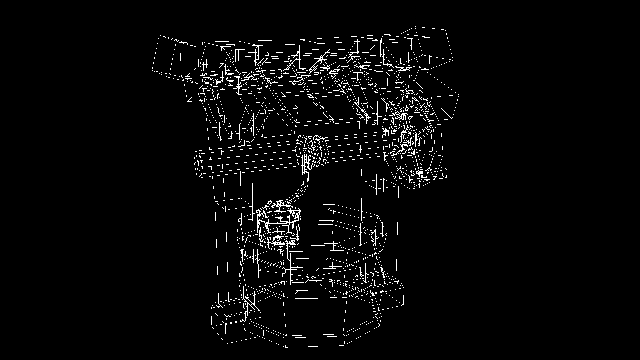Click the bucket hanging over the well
pos(279,225)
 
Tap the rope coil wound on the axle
pos(313,151)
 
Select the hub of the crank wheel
pos(410,142)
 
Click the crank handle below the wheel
pos(430,173)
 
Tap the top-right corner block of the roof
pos(432,47)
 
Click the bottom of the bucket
pos(279,239)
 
